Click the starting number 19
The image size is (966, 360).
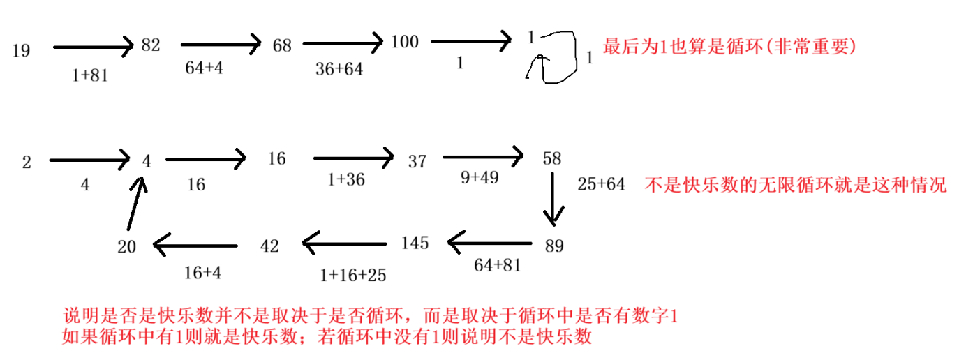[x=21, y=50]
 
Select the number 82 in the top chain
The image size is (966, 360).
[x=151, y=45]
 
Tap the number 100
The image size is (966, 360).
[x=405, y=42]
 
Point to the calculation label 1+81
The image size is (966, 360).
[x=91, y=75]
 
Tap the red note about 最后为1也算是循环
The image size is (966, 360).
[x=729, y=47]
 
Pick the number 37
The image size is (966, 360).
[x=417, y=162]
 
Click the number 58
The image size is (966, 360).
[x=551, y=158]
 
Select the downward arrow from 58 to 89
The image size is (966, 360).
[x=553, y=199]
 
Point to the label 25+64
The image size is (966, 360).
[x=601, y=185]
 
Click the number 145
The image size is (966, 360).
[x=415, y=243]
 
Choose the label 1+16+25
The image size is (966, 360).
[x=353, y=275]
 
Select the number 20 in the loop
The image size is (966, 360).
[x=126, y=246]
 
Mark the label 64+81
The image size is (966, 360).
[x=497, y=266]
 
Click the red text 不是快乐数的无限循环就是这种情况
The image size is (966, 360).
[x=795, y=186]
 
